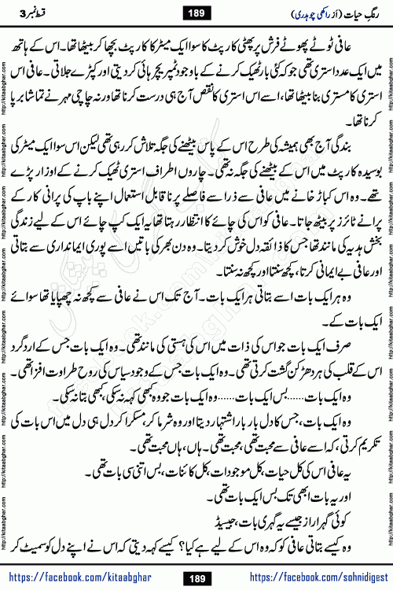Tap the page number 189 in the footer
[x=196, y=577]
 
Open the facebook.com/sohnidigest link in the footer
[x=303, y=577]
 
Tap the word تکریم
[x=358, y=432]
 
